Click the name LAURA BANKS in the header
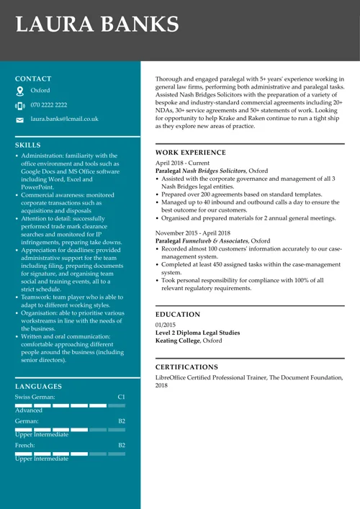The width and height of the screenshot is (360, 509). tap(97, 25)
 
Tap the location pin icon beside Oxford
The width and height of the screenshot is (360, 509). tap(20, 91)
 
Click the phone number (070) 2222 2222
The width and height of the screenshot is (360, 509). tap(48, 105)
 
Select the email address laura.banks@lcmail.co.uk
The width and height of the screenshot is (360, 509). tap(64, 119)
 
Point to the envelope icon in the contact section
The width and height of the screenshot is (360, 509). tap(20, 120)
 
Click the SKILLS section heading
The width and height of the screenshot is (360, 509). tap(28, 145)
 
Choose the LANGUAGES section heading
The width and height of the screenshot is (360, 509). tap(38, 387)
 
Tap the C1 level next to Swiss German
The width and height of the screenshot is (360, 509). tap(121, 397)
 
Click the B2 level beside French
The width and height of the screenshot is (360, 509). tap(121, 446)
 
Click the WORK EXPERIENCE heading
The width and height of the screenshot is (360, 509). tap(190, 153)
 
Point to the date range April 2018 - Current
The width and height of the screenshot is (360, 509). tap(182, 163)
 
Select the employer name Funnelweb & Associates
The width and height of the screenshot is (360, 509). tap(215, 241)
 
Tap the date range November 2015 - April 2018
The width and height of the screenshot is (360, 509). tap(193, 233)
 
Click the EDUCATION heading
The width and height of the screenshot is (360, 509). tap(178, 315)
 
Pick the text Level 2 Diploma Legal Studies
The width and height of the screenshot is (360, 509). tap(198, 333)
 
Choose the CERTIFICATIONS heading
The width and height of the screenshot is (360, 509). tap(186, 367)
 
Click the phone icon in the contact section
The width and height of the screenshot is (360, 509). tap(20, 106)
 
